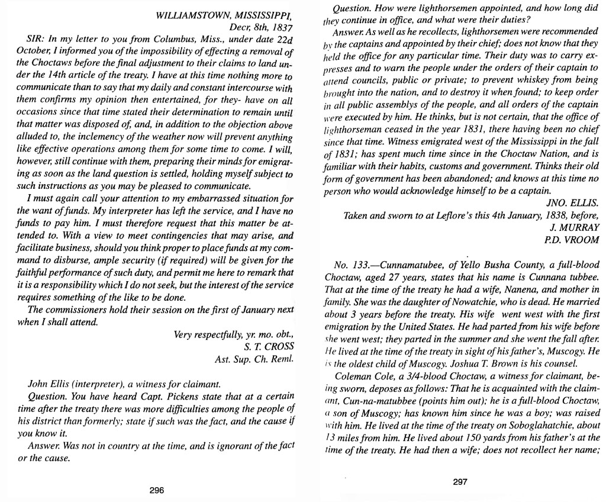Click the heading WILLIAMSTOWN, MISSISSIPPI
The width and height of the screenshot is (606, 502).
coord(224,17)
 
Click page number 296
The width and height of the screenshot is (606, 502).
coord(156,490)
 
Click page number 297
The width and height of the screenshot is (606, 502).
coord(460,481)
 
